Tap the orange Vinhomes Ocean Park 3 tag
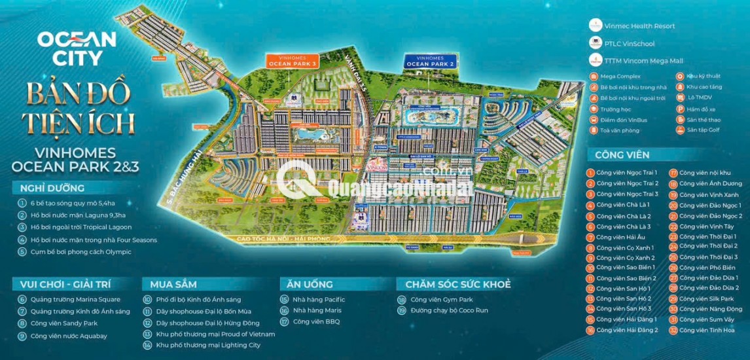point(293,62)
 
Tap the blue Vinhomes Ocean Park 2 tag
point(430,62)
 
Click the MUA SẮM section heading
point(173,284)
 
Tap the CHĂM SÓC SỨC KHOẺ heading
point(453,284)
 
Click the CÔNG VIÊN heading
point(622,155)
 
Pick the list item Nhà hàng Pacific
point(318,299)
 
